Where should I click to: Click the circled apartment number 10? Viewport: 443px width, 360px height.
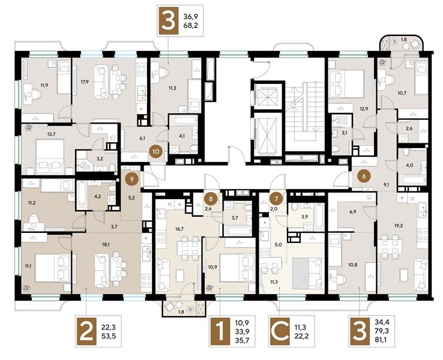[x=155, y=152]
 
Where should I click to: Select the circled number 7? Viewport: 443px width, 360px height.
[x=276, y=197]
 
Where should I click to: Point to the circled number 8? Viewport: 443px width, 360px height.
[x=209, y=197]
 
